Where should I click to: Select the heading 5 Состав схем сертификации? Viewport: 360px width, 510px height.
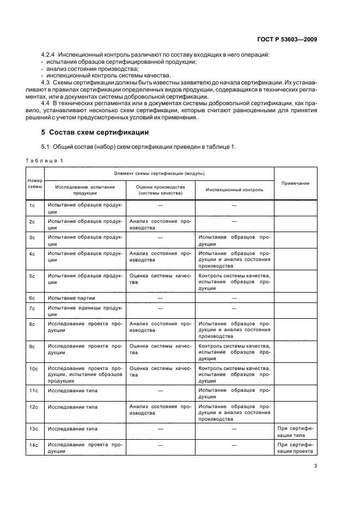click(92, 132)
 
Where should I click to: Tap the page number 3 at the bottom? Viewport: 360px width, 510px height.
click(315, 466)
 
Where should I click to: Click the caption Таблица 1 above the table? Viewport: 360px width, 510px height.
click(46, 161)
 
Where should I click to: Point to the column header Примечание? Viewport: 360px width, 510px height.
click(295, 183)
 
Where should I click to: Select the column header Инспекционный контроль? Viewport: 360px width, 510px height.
click(234, 190)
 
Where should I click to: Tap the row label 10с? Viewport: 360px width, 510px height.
click(32, 369)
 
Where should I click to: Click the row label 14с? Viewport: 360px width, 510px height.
click(32, 445)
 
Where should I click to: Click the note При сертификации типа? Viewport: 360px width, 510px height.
click(295, 432)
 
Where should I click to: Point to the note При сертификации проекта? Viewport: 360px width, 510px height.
click(295, 448)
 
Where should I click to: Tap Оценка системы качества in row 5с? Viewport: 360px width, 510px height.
click(160, 279)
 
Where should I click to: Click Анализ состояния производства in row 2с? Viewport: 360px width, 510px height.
click(160, 224)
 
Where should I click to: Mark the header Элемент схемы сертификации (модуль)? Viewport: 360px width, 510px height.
click(159, 173)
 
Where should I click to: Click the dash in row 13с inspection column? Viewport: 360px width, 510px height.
click(234, 429)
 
